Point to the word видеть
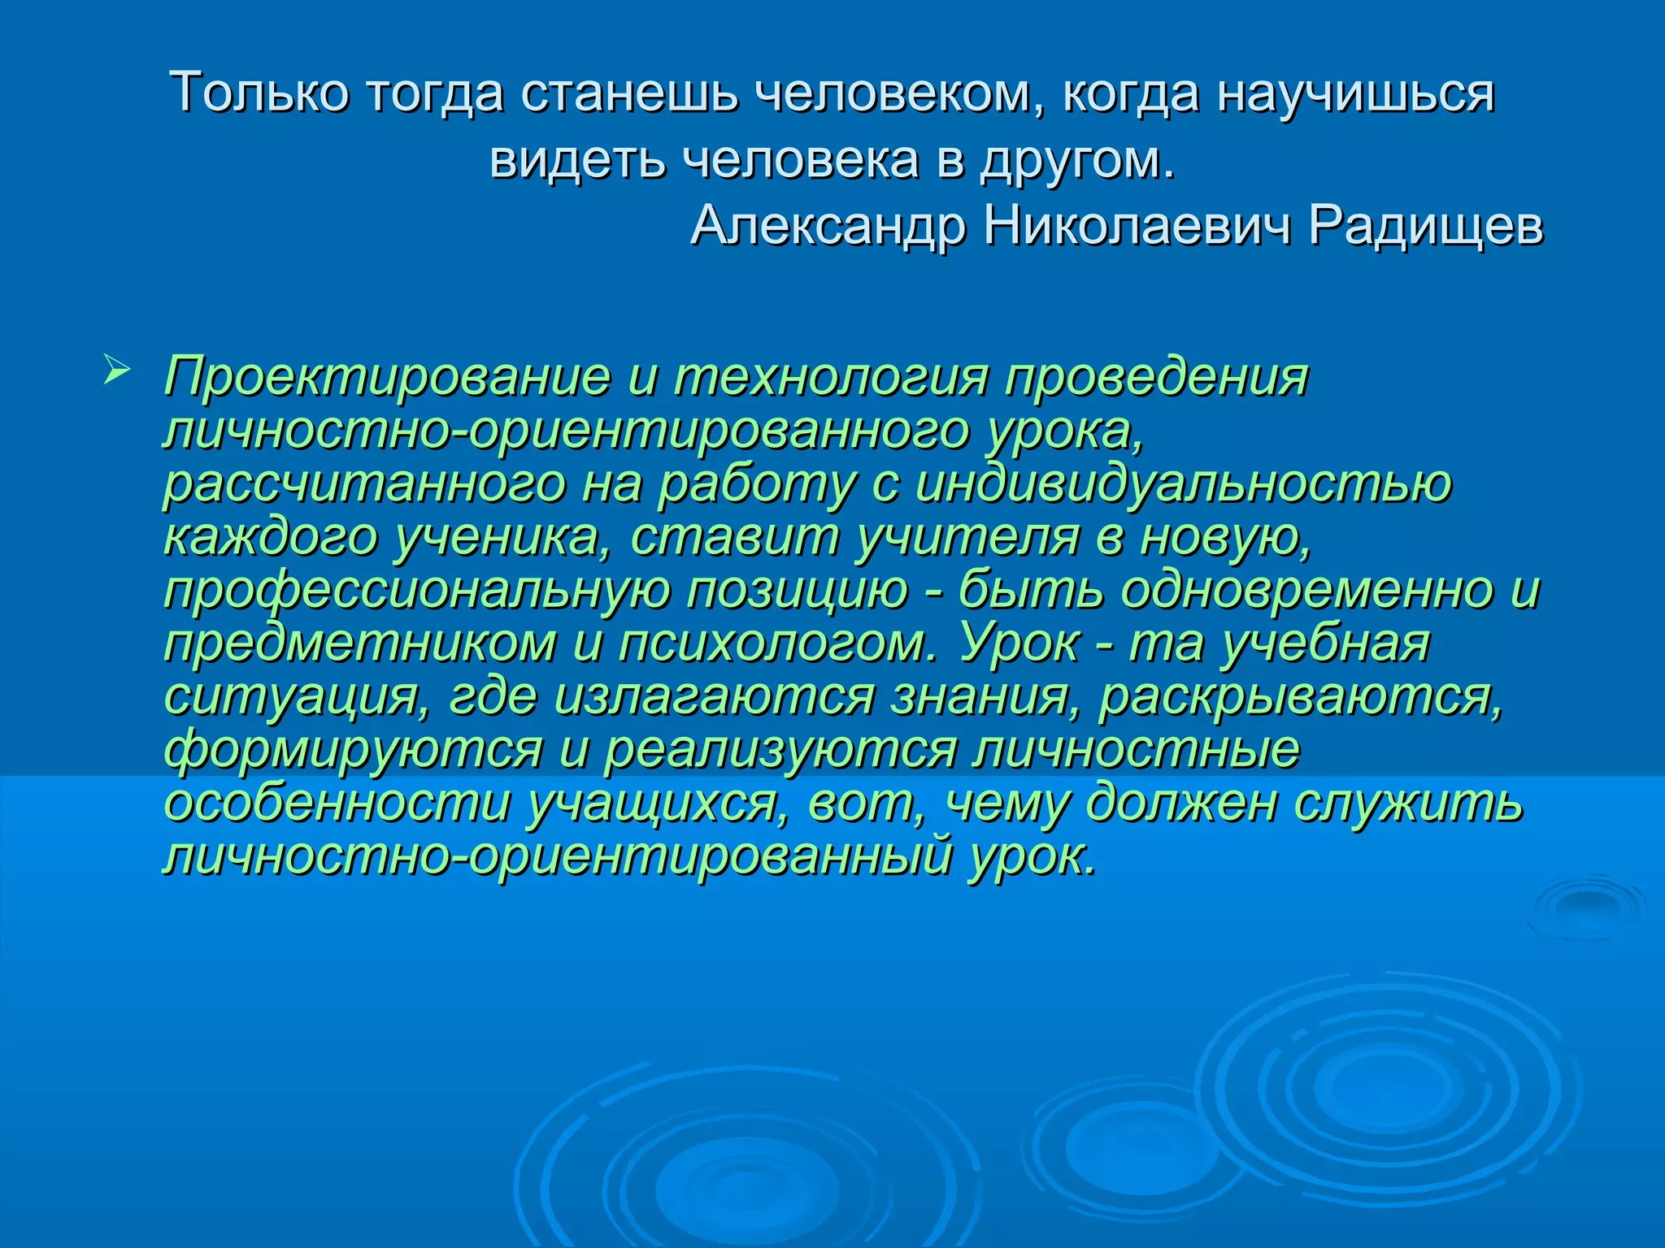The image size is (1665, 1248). pyautogui.click(x=579, y=159)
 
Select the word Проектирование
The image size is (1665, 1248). pyautogui.click(x=387, y=379)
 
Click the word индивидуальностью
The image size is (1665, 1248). pyautogui.click(x=1183, y=484)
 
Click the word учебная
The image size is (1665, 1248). pyautogui.click(x=1326, y=643)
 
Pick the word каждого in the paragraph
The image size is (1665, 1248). pyautogui.click(x=271, y=538)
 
